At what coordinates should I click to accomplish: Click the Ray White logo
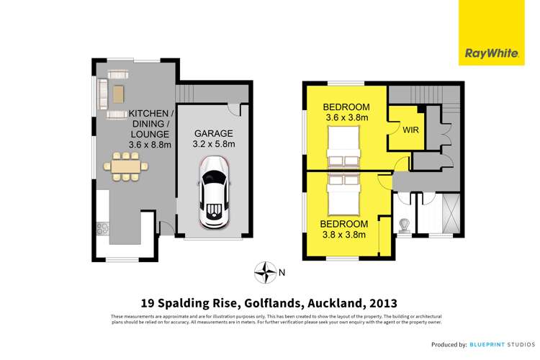[x=492, y=32]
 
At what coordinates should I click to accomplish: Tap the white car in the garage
[x=214, y=192]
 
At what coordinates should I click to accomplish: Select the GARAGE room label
[x=214, y=133]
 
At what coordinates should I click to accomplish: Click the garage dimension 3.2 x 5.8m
[x=214, y=144]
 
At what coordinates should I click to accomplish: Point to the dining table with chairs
[x=126, y=166]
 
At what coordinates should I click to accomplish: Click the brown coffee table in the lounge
[x=118, y=94]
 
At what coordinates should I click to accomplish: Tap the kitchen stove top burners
[x=103, y=228]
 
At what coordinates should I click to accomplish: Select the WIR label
[x=410, y=130]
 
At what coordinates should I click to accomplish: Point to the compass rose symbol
[x=265, y=272]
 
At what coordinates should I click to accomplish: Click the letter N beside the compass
[x=282, y=272]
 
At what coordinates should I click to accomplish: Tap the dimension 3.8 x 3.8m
[x=343, y=235]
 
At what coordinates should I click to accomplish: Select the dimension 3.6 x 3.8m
[x=347, y=117]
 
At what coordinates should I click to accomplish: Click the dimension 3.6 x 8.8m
[x=150, y=145]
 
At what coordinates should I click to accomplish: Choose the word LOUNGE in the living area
[x=150, y=135]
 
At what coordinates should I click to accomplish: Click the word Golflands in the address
[x=272, y=304]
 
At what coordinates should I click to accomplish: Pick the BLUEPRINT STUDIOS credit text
[x=503, y=344]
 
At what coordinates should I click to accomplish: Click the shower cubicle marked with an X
[x=451, y=214]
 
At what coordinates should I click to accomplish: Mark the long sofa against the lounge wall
[x=102, y=94]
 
